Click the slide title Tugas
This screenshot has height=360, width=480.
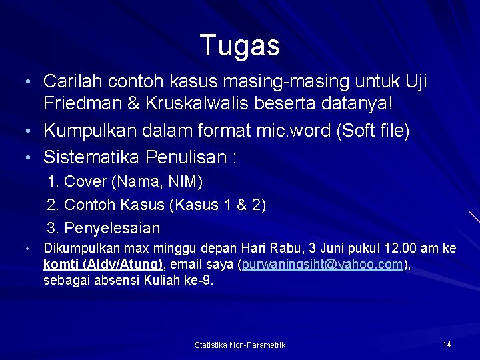pyautogui.click(x=240, y=45)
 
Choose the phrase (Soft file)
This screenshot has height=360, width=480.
pyautogui.click(x=373, y=131)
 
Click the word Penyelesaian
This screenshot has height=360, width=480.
pyautogui.click(x=112, y=228)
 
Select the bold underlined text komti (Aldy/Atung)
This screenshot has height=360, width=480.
pyautogui.click(x=103, y=264)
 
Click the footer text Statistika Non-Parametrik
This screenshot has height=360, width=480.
pyautogui.click(x=240, y=345)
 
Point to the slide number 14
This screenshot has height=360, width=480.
pyautogui.click(x=447, y=344)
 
